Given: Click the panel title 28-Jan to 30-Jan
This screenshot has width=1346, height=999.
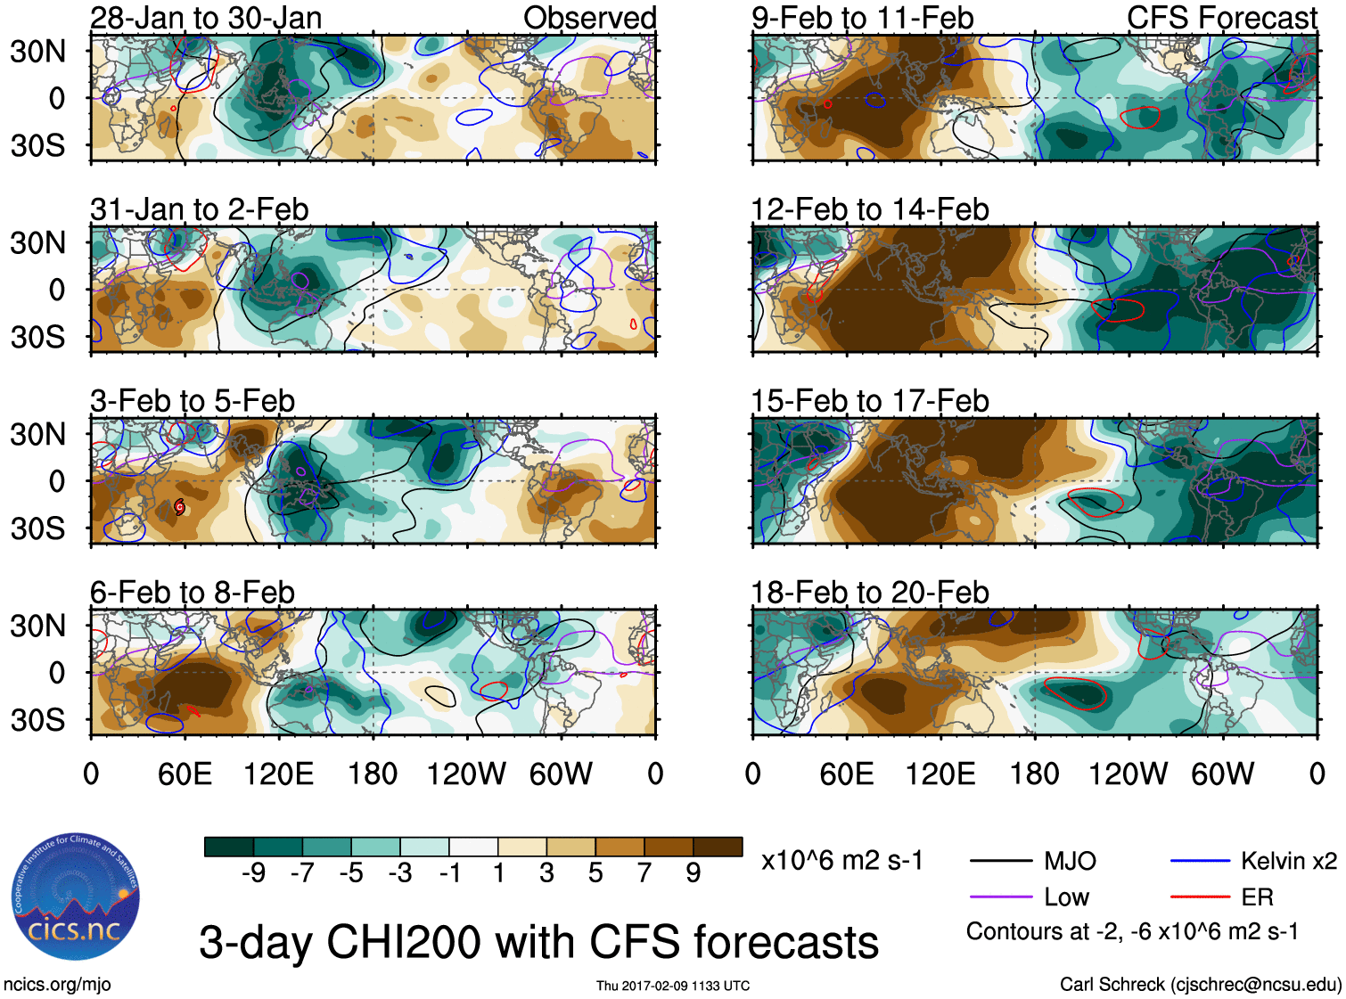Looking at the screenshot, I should (x=206, y=18).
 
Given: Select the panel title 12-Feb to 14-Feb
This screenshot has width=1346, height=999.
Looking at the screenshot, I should (x=870, y=209).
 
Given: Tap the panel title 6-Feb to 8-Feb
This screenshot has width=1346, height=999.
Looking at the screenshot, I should (x=193, y=593).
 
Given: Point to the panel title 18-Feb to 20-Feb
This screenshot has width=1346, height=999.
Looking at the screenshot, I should (x=870, y=593).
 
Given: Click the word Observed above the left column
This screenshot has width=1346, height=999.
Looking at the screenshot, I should (x=589, y=18).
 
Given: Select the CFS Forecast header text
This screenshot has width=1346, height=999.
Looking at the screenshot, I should (x=1221, y=18).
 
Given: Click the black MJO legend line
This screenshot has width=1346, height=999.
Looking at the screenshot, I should (x=1000, y=861).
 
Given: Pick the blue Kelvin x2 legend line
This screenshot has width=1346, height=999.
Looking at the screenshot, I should (x=1200, y=861).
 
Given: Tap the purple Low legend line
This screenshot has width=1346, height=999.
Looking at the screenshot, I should (x=1000, y=897).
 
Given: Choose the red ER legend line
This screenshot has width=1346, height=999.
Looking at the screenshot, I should (x=1200, y=897).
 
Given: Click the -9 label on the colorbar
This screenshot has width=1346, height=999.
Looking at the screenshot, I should (x=253, y=873).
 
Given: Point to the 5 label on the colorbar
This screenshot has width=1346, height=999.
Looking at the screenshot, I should (x=595, y=873).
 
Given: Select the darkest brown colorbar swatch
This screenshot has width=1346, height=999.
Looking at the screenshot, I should (x=718, y=847).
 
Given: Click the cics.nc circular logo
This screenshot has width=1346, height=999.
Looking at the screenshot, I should (x=76, y=897).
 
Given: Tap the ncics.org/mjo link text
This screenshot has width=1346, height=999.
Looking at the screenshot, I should (x=57, y=984).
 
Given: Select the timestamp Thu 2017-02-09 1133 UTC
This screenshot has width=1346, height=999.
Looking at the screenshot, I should (x=673, y=986).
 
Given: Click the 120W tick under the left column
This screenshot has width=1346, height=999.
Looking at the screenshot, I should (x=466, y=774).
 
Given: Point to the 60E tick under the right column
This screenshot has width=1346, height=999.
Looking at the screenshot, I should (x=846, y=774).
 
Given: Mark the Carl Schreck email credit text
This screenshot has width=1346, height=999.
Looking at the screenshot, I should (x=1200, y=984).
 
